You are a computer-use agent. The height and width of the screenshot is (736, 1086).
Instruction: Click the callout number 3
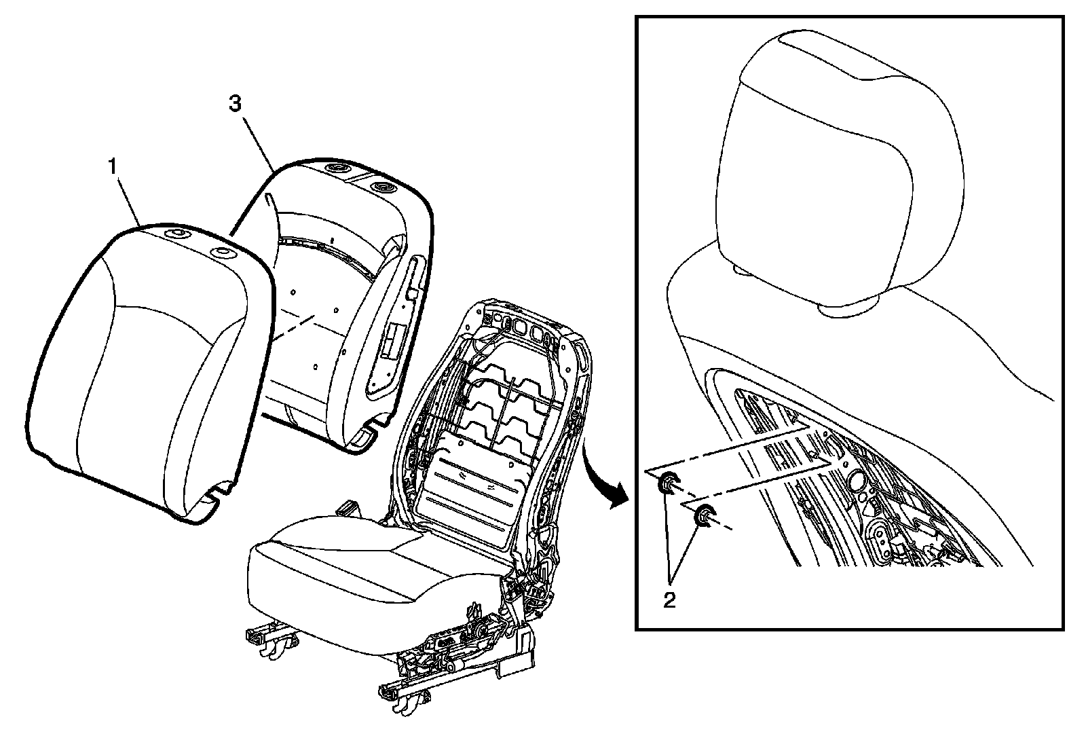[x=234, y=104]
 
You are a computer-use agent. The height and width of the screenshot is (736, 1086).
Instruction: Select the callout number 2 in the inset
[x=669, y=600]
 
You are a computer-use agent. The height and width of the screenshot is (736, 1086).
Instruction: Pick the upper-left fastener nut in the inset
[x=667, y=483]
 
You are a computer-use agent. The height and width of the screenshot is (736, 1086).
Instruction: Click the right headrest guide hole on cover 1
[x=221, y=253]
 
